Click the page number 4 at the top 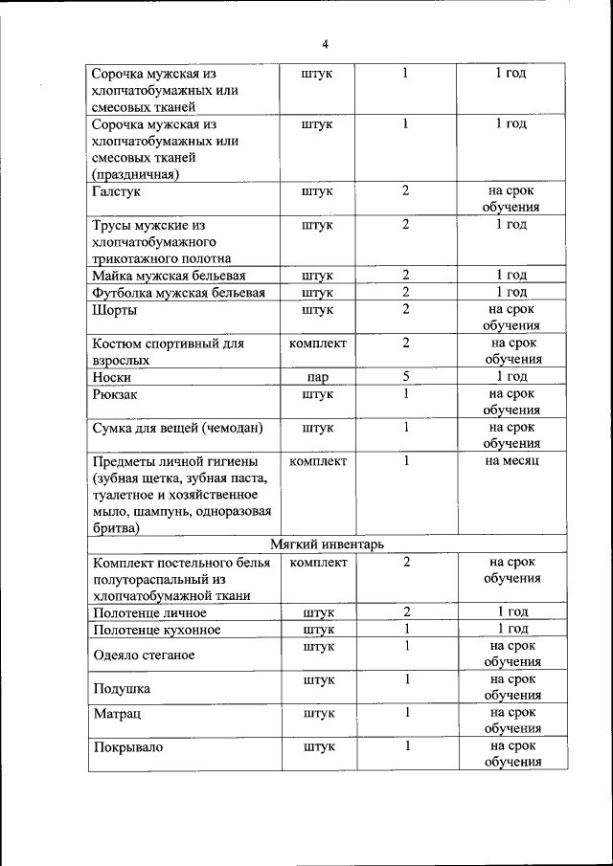325,44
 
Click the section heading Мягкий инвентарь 327,544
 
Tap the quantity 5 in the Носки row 406,376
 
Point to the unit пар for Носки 317,377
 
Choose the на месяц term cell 512,461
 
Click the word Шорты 114,310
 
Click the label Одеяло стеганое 144,655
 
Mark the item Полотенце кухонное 156,630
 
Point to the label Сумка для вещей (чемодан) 177,428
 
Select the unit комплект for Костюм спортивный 317,343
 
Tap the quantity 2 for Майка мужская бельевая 406,276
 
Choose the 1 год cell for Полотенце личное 512,611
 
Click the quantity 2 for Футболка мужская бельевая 406,292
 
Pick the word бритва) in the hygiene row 116,527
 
